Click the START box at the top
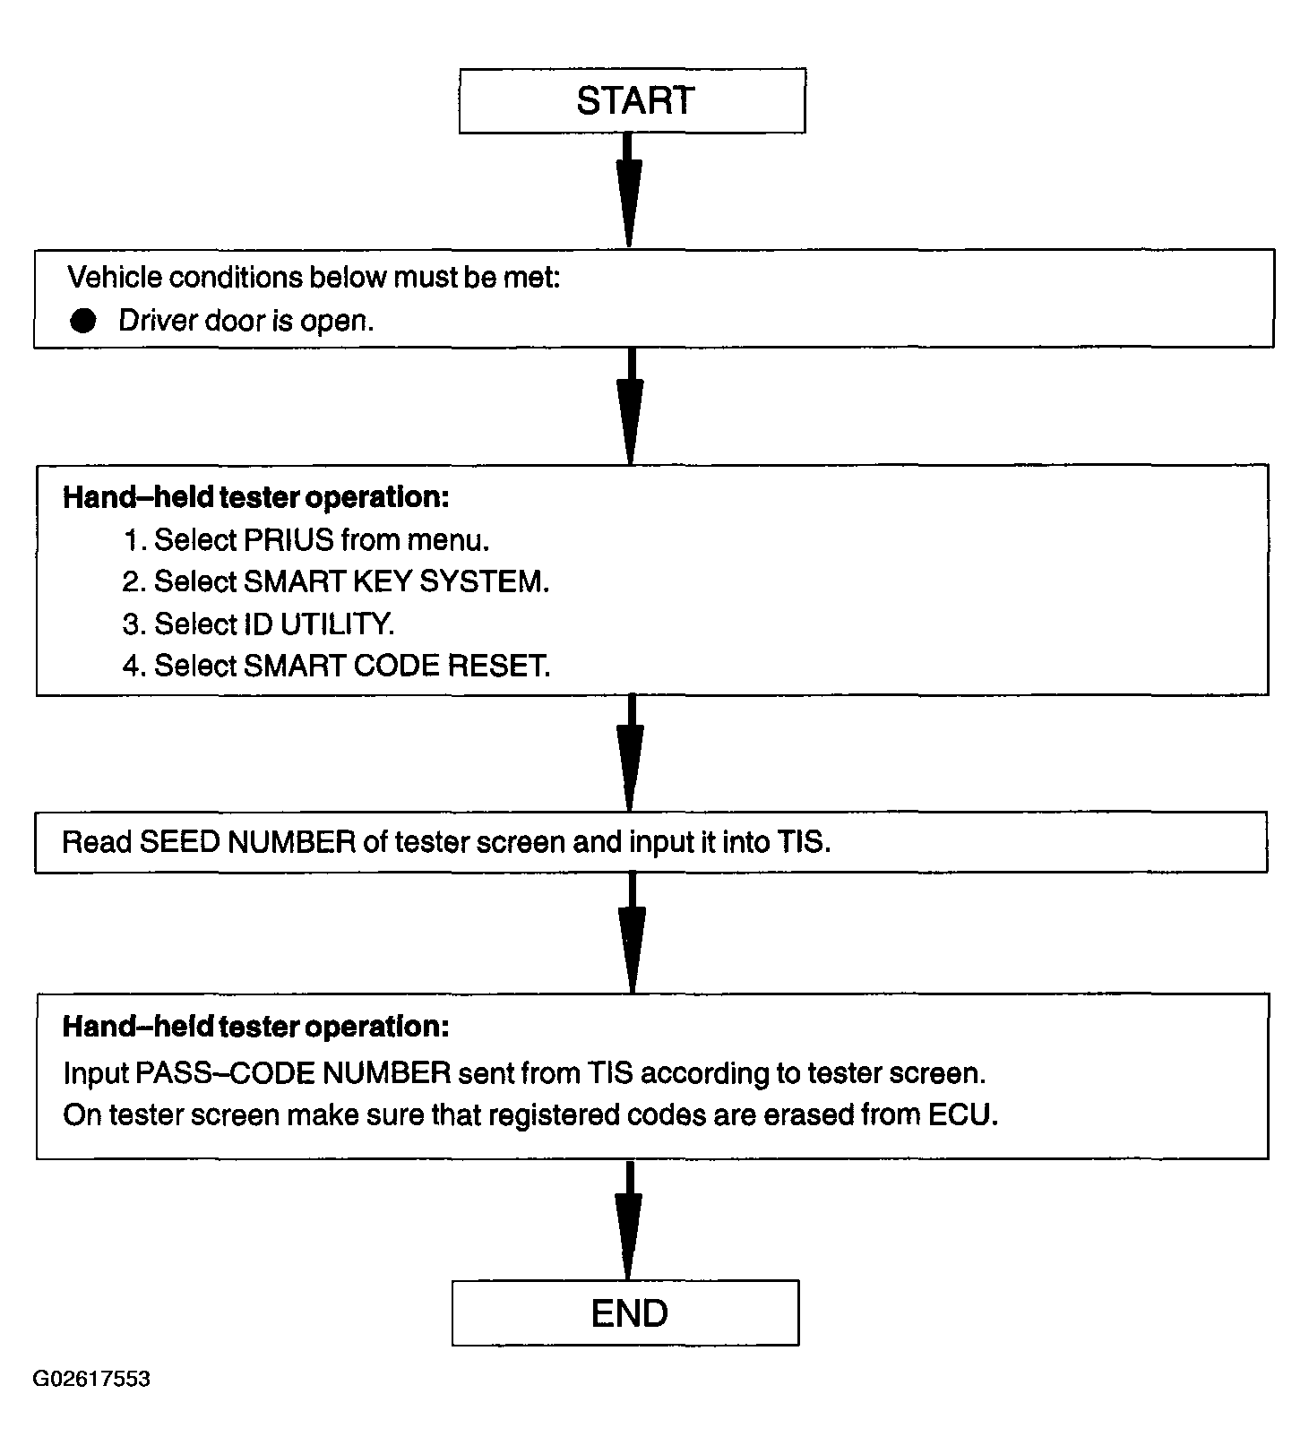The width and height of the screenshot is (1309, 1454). coord(632,100)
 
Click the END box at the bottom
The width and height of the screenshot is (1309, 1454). coord(625,1312)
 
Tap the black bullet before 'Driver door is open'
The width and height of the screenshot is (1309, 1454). coord(83,321)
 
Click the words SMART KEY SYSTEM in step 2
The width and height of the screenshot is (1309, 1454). coord(393,582)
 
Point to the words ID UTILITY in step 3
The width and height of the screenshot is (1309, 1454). coord(318,624)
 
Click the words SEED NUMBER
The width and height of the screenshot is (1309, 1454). coord(247,842)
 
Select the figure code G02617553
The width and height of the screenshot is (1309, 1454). coord(91,1378)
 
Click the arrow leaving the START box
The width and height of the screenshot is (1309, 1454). coord(629,190)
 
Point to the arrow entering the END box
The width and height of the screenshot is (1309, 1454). coord(629,1221)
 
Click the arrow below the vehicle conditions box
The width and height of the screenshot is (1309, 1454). coord(630,406)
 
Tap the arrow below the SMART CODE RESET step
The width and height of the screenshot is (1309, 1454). coord(630,753)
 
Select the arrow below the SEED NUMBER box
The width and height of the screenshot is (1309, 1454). coord(632,933)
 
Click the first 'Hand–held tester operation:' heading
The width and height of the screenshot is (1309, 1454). coord(256,497)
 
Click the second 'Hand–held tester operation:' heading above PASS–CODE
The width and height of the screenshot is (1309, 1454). coord(256,1027)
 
